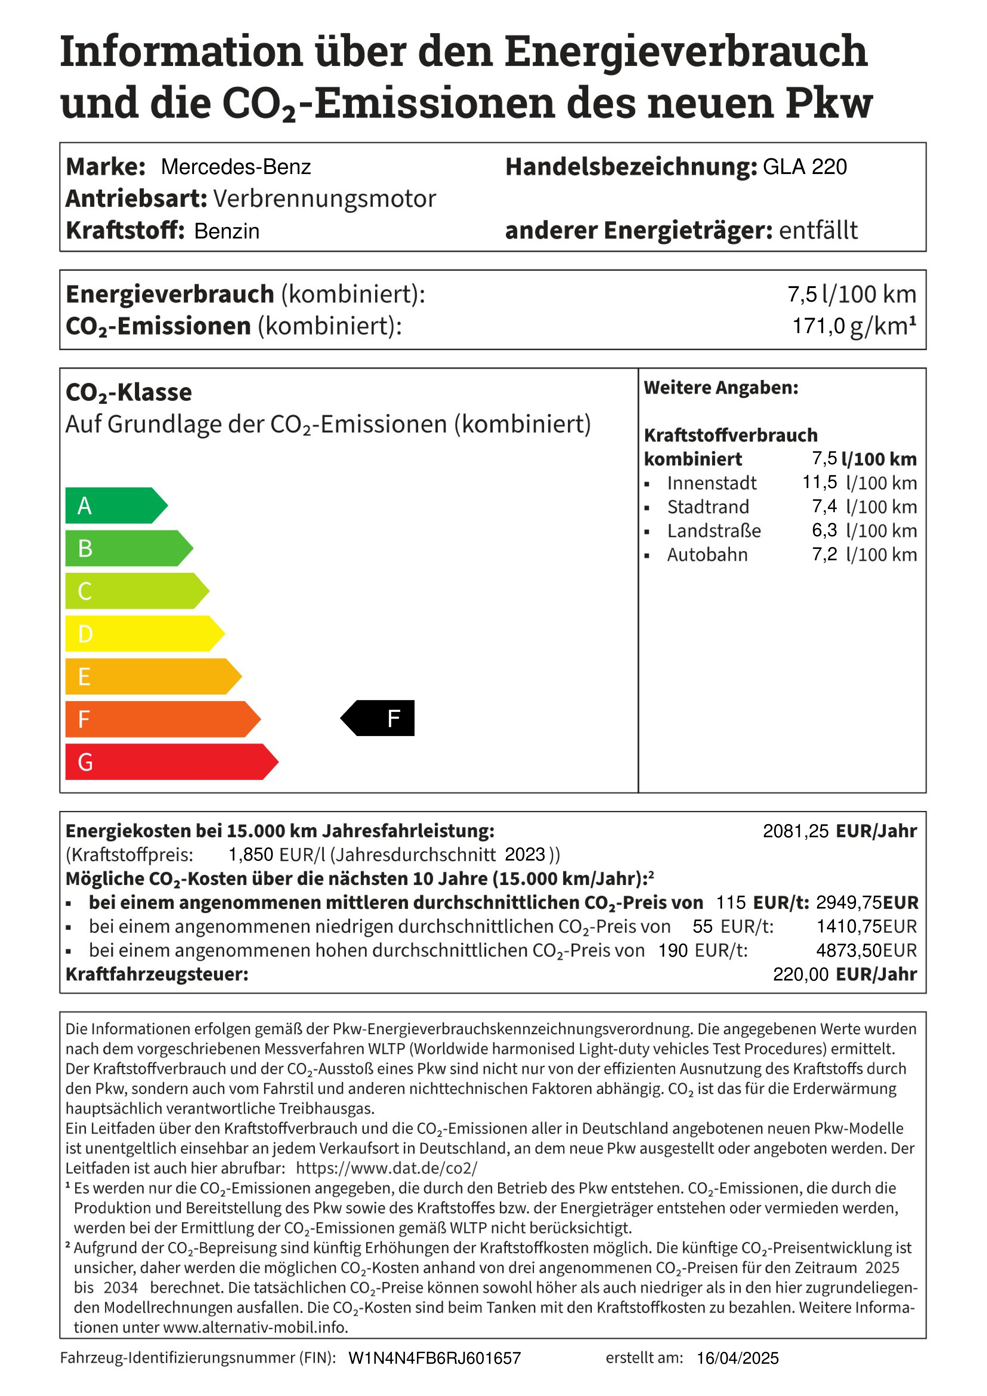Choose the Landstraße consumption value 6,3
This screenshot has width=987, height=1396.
click(824, 530)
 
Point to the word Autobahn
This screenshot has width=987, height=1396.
click(707, 555)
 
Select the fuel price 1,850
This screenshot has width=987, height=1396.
click(250, 855)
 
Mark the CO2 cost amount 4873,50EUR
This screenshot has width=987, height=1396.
click(866, 950)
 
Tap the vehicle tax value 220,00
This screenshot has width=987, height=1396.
click(800, 974)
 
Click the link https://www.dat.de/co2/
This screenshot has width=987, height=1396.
click(387, 1168)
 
